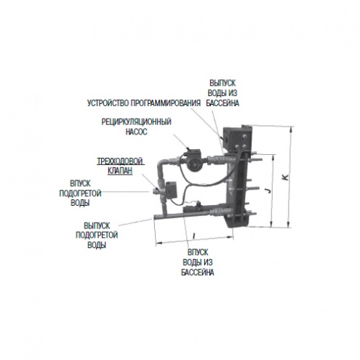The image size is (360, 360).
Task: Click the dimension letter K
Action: [x=286, y=177]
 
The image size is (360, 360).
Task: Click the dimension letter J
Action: [x=268, y=191]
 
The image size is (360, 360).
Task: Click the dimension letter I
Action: [x=193, y=235]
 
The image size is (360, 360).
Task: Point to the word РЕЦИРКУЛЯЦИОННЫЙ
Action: [x=136, y=121]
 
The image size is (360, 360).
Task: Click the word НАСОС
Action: [x=136, y=132]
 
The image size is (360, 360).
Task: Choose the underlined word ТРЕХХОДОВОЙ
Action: [x=120, y=161]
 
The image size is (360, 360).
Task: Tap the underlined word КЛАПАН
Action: [x=120, y=171]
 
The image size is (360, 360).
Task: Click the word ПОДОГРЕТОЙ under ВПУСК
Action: [x=80, y=193]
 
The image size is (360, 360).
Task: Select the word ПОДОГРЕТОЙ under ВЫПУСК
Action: [x=97, y=235]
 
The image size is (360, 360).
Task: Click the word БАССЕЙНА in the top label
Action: [x=223, y=103]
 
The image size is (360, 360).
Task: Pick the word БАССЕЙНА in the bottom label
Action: [x=198, y=272]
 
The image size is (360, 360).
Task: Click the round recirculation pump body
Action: [x=193, y=164]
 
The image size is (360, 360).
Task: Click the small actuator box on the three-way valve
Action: [x=171, y=190]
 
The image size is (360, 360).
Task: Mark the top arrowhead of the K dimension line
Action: [x=291, y=129]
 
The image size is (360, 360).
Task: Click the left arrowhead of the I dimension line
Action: [x=157, y=243]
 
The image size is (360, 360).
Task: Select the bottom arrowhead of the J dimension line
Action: [x=272, y=225]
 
